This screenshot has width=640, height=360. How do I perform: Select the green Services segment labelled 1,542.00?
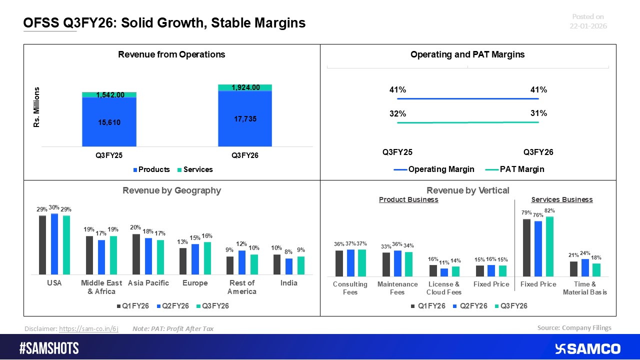(x=109, y=94)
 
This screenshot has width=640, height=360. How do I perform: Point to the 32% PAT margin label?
(x=397, y=113)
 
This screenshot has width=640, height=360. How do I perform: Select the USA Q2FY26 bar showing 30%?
(x=54, y=244)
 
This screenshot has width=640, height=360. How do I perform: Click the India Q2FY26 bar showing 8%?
(x=289, y=266)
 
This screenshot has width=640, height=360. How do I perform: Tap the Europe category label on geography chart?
(x=195, y=283)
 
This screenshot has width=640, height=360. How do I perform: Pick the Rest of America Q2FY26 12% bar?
(x=242, y=262)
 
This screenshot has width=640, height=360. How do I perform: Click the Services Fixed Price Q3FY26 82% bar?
(x=550, y=246)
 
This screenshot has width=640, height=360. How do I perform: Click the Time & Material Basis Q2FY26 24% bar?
(x=584, y=267)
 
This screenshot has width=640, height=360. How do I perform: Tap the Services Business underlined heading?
(x=561, y=199)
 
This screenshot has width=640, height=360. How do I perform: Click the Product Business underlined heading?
(x=408, y=199)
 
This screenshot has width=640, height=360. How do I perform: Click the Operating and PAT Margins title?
(x=467, y=54)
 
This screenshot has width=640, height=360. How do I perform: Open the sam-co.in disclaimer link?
(x=88, y=328)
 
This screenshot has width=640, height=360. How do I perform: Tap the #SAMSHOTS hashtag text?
(x=49, y=348)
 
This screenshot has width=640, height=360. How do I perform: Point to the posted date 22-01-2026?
(x=588, y=26)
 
